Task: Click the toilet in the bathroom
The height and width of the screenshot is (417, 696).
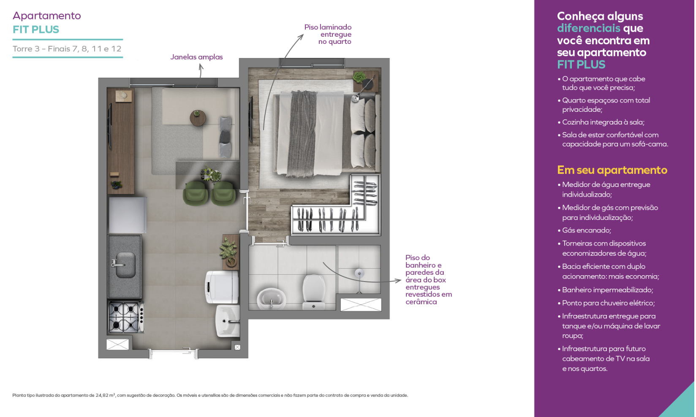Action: [x=314, y=292]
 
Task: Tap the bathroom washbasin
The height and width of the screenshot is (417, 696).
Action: [x=271, y=299]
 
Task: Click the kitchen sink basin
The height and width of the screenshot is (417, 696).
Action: [x=125, y=265]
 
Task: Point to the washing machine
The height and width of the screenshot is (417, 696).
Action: [x=222, y=287]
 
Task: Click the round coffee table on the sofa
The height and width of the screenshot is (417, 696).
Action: [x=198, y=118]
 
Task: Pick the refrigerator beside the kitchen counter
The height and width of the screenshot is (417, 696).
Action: [x=128, y=215]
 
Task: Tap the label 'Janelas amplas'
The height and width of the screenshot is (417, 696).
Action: [x=196, y=57]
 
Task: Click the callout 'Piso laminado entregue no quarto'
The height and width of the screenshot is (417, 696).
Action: [x=328, y=34]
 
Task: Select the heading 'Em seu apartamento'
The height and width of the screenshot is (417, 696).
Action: [x=612, y=170]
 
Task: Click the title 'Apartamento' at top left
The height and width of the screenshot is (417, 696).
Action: [x=46, y=16]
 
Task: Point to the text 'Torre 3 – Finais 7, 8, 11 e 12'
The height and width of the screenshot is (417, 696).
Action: [x=67, y=49]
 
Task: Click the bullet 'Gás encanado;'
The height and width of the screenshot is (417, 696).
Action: [x=585, y=230]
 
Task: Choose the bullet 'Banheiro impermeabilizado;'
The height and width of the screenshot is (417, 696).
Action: [x=606, y=290]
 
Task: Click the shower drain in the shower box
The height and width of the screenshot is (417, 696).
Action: [x=359, y=273]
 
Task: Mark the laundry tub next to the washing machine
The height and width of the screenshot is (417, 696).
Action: [x=228, y=321]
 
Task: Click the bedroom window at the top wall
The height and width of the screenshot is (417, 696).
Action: [x=312, y=63]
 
